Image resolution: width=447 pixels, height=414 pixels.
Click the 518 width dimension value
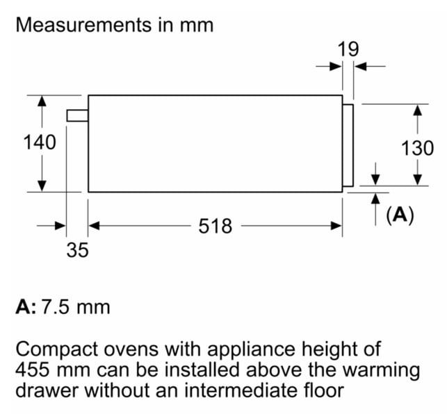[216, 226]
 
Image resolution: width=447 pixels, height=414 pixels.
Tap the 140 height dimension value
[40, 142]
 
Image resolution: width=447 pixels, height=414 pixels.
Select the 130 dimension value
[417, 148]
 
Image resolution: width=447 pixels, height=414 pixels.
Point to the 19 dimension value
[348, 49]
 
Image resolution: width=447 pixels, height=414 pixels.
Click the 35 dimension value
[78, 250]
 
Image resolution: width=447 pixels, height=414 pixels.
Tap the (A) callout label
[400, 215]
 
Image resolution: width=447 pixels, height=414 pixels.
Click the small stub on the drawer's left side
[78, 116]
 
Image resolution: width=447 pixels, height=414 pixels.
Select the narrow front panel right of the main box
[348, 145]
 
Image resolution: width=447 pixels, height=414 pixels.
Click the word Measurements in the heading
[84, 25]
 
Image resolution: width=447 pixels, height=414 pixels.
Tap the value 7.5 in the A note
[56, 307]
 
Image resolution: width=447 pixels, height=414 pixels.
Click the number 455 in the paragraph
[32, 370]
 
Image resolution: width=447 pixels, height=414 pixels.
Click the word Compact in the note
[57, 350]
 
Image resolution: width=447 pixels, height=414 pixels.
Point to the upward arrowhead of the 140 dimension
[42, 101]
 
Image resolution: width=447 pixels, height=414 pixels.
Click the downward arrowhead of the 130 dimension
[418, 180]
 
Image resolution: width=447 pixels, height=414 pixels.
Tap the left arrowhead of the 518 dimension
[94, 226]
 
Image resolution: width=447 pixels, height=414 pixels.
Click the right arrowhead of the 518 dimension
[336, 226]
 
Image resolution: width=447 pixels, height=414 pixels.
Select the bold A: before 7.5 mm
[26, 307]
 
